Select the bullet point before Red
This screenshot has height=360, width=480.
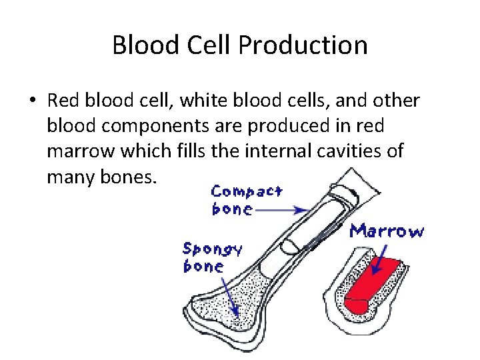(32, 101)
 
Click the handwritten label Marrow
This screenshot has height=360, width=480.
(387, 231)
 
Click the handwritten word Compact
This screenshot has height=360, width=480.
(247, 192)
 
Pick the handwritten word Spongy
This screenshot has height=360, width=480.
(212, 249)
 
